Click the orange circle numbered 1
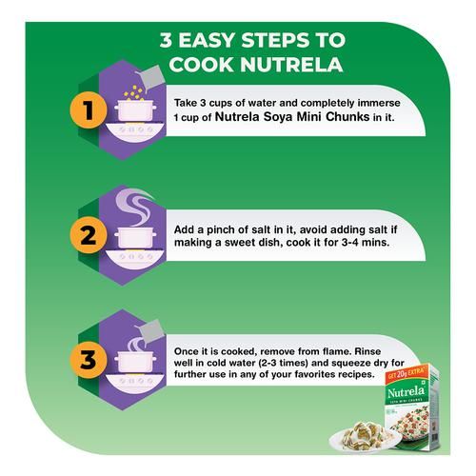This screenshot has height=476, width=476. click(x=89, y=109)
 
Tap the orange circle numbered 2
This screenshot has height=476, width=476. click(x=89, y=235)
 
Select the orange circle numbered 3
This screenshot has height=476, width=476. click(x=89, y=360)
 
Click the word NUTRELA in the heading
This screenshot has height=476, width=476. click(x=291, y=65)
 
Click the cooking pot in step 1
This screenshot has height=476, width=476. click(x=135, y=110)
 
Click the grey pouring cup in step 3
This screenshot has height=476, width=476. click(x=149, y=332)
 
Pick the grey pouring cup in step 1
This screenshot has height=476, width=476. click(x=150, y=78)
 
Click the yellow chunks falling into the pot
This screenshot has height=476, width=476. click(x=133, y=93)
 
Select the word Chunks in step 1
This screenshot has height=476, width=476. click(x=347, y=117)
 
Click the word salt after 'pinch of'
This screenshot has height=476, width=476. click(x=262, y=229)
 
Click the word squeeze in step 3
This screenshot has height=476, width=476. click(x=352, y=364)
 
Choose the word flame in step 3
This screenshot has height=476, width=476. click(x=336, y=351)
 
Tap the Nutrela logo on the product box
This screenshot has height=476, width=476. click(x=406, y=392)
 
